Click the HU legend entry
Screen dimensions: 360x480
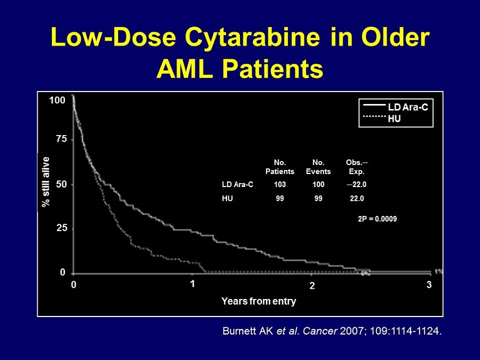394,119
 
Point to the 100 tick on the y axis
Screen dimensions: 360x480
57,100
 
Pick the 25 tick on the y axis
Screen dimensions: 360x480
60,228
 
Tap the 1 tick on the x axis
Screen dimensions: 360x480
192,284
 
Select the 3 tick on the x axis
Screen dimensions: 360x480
429,285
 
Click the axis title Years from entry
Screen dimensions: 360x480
259,301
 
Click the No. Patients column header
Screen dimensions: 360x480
280,167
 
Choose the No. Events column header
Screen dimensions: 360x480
317,167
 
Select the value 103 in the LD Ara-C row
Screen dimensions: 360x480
280,185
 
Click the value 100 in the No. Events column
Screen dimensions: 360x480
318,185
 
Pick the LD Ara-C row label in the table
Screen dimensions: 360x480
238,185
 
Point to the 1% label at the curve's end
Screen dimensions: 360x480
438,271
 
